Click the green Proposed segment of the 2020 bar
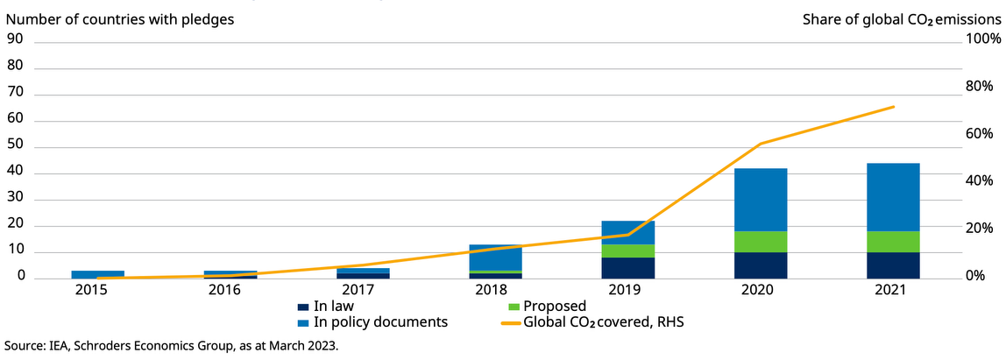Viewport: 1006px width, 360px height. tap(761, 242)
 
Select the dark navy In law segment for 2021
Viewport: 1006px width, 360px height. tap(893, 265)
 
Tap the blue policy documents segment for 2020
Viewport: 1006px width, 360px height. tap(761, 200)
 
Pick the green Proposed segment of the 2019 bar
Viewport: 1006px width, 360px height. tap(628, 251)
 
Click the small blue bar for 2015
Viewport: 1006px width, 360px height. tap(97, 274)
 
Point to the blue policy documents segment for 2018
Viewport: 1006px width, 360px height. tap(495, 258)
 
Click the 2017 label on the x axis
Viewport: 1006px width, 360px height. tap(362, 289)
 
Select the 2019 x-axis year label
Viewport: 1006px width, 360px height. tap(628, 289)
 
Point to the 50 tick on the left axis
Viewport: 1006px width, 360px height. tap(15, 147)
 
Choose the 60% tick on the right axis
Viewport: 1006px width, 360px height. tap(979, 134)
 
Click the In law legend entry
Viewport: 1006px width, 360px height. tap(330, 306)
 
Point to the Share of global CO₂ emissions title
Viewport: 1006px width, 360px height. tap(901, 18)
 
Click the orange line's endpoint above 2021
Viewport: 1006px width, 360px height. tap(893, 107)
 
